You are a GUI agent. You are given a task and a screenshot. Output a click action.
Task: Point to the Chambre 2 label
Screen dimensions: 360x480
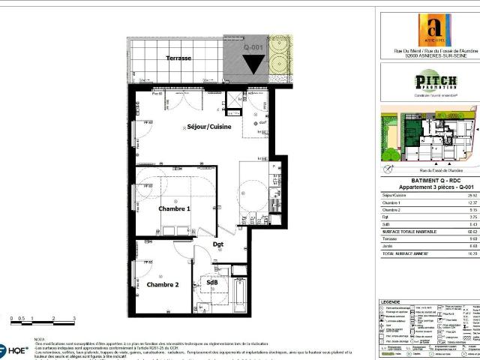tap(163, 285)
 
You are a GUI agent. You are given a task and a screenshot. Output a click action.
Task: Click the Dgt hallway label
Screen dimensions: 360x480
tap(218, 244)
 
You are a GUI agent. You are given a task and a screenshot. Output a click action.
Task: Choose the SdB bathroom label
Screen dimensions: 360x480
tap(213, 282)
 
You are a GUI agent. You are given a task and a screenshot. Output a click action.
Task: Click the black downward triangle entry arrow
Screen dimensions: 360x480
tap(253, 64)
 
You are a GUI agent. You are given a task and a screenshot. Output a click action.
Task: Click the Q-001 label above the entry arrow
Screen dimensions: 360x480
tap(253, 46)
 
